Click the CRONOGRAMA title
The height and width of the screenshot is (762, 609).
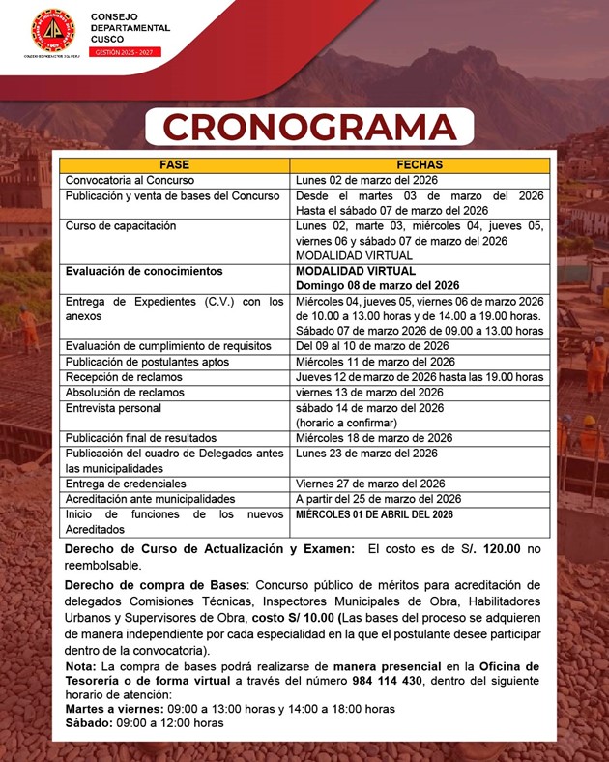pos(309,127)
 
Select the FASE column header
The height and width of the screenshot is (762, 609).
pos(175,164)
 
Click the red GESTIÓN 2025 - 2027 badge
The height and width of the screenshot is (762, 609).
pos(126,51)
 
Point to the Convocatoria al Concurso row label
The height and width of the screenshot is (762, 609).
pos(130,180)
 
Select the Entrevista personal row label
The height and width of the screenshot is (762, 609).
pos(112,407)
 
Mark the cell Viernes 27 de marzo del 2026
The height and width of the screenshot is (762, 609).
pos(369,484)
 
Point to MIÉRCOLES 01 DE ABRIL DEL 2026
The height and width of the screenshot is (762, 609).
pos(373,514)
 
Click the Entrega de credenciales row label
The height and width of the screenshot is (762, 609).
pos(125,484)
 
